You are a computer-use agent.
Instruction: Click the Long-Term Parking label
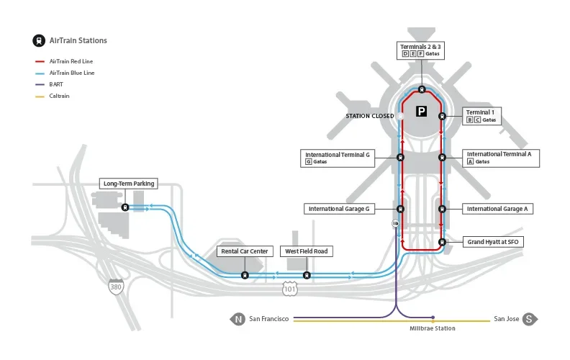(x=129, y=184)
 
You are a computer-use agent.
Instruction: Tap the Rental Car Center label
(x=244, y=251)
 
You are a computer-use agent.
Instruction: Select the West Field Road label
(x=307, y=251)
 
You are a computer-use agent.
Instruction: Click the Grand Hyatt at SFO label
(x=492, y=242)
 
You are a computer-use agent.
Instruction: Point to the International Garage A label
(x=497, y=209)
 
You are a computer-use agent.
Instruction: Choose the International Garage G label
(x=339, y=209)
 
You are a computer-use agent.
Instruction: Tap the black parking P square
(x=422, y=112)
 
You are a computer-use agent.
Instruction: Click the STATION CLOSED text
(x=370, y=115)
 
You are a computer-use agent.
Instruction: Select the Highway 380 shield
(x=115, y=287)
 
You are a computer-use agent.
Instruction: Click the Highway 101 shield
(x=289, y=288)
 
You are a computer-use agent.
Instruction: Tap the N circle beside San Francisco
(x=237, y=318)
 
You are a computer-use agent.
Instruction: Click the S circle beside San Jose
(x=530, y=318)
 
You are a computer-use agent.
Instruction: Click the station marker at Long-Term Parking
(x=125, y=207)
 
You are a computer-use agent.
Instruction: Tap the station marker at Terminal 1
(x=442, y=116)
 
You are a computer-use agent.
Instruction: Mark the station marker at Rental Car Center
(x=245, y=274)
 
